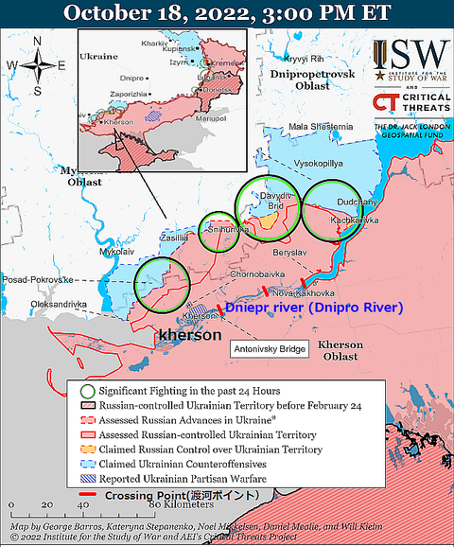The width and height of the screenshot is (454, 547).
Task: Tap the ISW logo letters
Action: [x=409, y=57]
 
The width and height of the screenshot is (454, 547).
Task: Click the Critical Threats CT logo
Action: [x=386, y=101]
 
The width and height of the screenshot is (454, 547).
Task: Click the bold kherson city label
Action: [x=190, y=335]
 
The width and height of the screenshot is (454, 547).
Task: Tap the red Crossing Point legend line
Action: [x=89, y=495]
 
